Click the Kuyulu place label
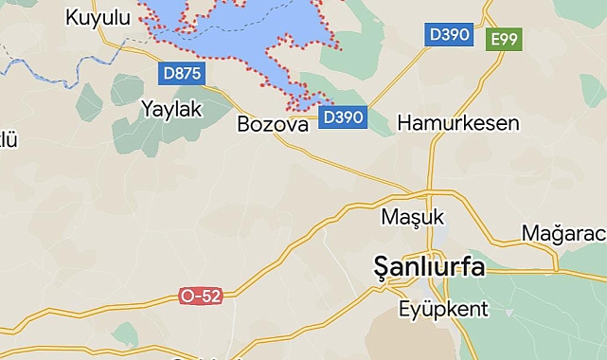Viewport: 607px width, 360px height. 98,16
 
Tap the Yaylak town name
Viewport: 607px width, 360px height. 171,109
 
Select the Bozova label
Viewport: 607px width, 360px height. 273,124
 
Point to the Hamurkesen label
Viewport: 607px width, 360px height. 458,123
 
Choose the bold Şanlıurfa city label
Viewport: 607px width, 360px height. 429,267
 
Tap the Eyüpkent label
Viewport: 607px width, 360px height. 443,309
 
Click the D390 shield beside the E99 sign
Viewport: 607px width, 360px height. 449,35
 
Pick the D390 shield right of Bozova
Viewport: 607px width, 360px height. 343,117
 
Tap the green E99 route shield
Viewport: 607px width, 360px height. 505,40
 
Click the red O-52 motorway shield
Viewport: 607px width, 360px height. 201,297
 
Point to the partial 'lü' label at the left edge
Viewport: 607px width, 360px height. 8,140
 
